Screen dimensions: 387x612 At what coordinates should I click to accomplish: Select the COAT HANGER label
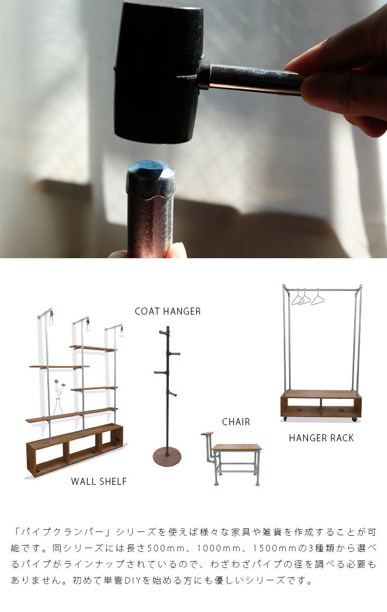click(168, 311)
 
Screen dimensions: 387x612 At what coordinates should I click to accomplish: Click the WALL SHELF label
click(99, 481)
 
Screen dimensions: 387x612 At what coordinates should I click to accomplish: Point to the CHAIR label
click(236, 421)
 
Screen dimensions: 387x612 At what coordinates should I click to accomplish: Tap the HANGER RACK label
click(321, 438)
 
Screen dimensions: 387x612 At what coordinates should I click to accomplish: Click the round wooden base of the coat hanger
click(167, 457)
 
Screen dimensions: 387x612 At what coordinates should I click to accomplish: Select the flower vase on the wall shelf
click(58, 406)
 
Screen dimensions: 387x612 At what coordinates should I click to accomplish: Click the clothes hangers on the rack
click(307, 297)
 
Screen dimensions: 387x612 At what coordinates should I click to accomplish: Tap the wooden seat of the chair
click(237, 447)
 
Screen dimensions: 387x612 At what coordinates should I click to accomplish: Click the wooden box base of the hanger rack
click(321, 404)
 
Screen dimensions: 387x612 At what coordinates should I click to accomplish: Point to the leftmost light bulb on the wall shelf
click(51, 320)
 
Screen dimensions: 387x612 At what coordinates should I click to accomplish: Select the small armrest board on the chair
click(207, 434)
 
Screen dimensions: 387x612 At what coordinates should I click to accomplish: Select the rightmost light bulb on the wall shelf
click(121, 332)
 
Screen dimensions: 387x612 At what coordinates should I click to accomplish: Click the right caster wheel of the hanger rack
click(355, 419)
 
